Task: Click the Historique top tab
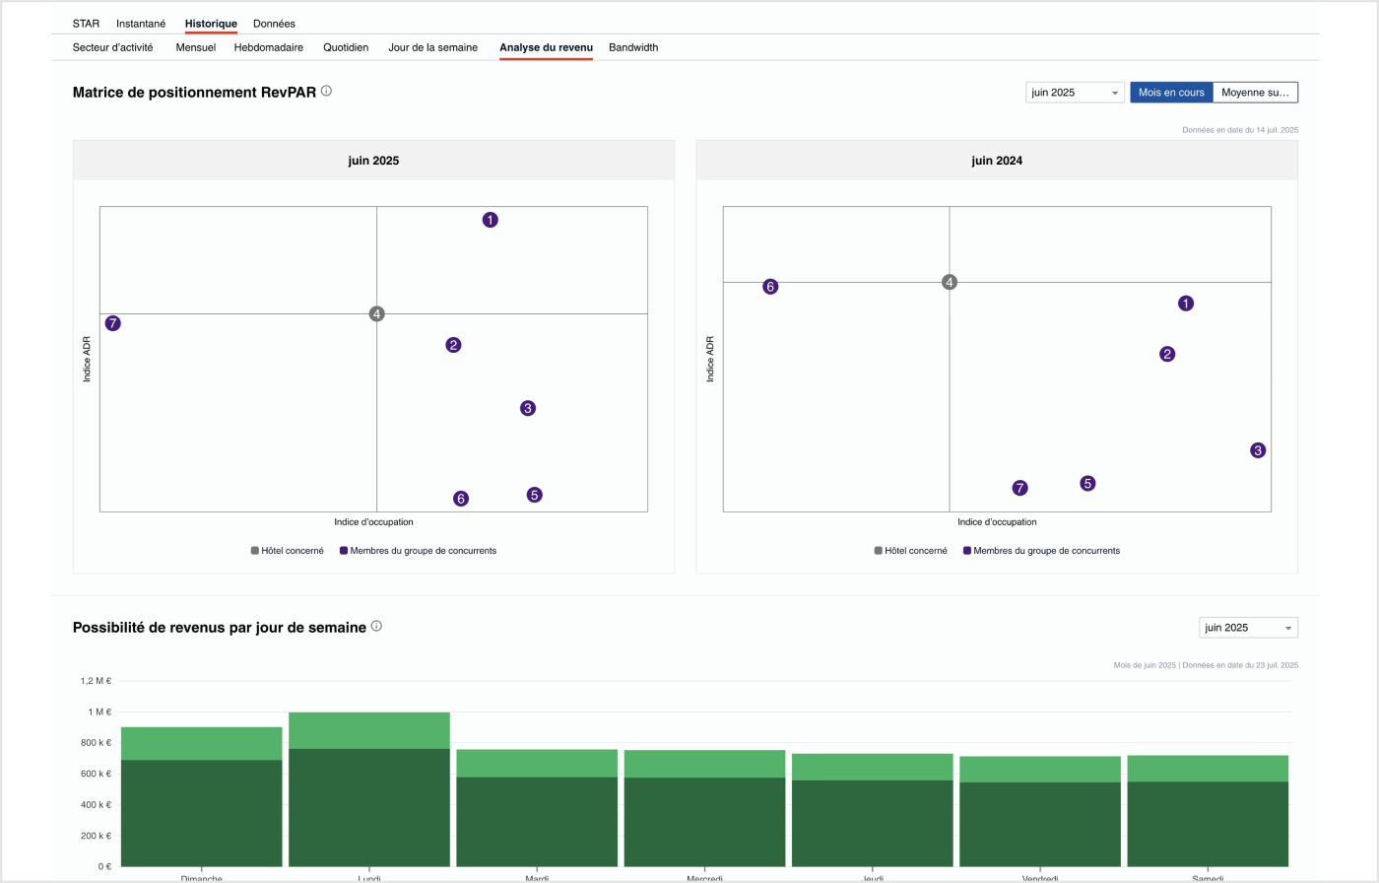211,24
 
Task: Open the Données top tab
274,24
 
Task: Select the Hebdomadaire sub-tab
269,47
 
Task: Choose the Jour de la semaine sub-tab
432,47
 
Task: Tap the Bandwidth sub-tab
633,47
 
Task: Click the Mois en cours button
1171,93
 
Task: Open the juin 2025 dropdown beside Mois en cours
1075,93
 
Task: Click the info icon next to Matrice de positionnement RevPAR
326,91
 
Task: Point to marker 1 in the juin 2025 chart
491,220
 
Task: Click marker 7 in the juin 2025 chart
113,323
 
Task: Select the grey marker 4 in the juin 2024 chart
950,282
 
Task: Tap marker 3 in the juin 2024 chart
1258,450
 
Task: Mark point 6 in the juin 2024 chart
770,287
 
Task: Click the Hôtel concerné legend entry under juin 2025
287,551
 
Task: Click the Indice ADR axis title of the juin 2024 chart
709,359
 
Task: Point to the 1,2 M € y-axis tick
96,681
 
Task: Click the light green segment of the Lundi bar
369,730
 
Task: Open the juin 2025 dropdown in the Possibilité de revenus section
1248,628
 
